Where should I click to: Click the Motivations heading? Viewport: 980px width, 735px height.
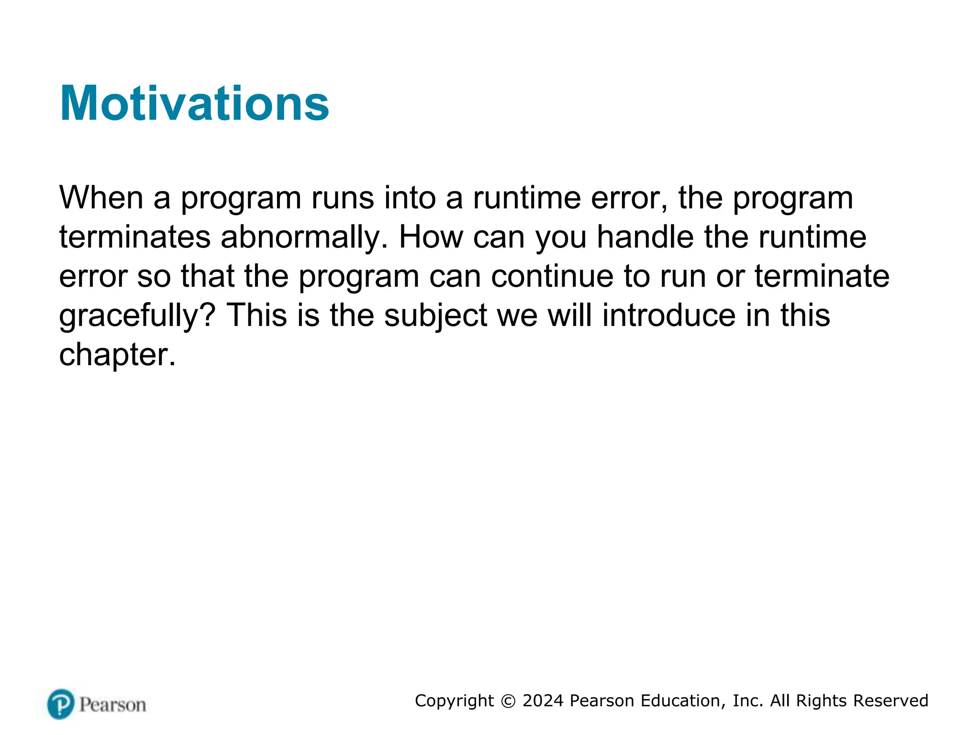pos(194,103)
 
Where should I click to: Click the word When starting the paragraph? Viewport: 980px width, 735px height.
pos(101,198)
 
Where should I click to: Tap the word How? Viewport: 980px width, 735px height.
pos(431,237)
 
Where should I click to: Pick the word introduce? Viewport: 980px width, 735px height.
pos(668,316)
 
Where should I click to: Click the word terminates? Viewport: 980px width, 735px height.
pos(134,237)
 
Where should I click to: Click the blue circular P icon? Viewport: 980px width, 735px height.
pos(61,704)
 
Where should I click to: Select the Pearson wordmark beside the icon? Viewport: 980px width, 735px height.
pos(112,705)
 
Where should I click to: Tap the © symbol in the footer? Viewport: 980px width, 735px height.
pos(508,701)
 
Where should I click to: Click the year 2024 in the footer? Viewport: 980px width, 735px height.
pos(543,701)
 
